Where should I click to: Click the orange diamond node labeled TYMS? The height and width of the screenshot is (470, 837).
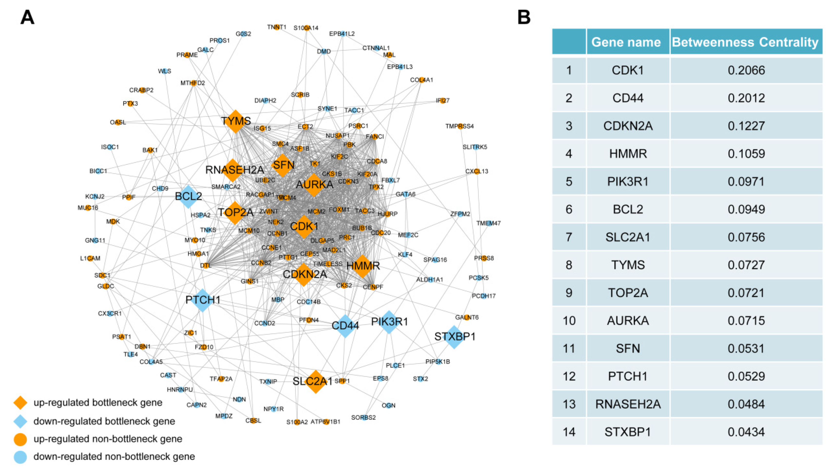click(x=236, y=121)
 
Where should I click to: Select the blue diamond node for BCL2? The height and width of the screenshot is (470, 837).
click(x=188, y=196)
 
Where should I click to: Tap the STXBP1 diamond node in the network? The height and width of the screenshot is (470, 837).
click(x=454, y=337)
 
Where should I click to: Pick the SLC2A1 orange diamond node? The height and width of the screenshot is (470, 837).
click(x=315, y=381)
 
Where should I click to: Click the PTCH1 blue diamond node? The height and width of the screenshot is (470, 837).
click(x=202, y=300)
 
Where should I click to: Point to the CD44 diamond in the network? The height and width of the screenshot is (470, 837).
click(x=345, y=326)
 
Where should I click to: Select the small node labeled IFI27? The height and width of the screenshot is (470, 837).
click(x=442, y=101)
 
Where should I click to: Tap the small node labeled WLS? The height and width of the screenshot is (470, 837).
click(x=165, y=71)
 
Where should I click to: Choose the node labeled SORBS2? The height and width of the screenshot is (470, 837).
click(x=364, y=417)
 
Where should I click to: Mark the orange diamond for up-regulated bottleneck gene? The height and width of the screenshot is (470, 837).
click(x=20, y=403)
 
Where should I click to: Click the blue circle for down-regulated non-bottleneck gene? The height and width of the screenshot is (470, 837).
click(x=20, y=457)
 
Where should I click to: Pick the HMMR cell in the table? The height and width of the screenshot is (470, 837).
click(x=628, y=154)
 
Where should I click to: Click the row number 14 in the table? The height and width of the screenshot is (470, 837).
click(x=569, y=432)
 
